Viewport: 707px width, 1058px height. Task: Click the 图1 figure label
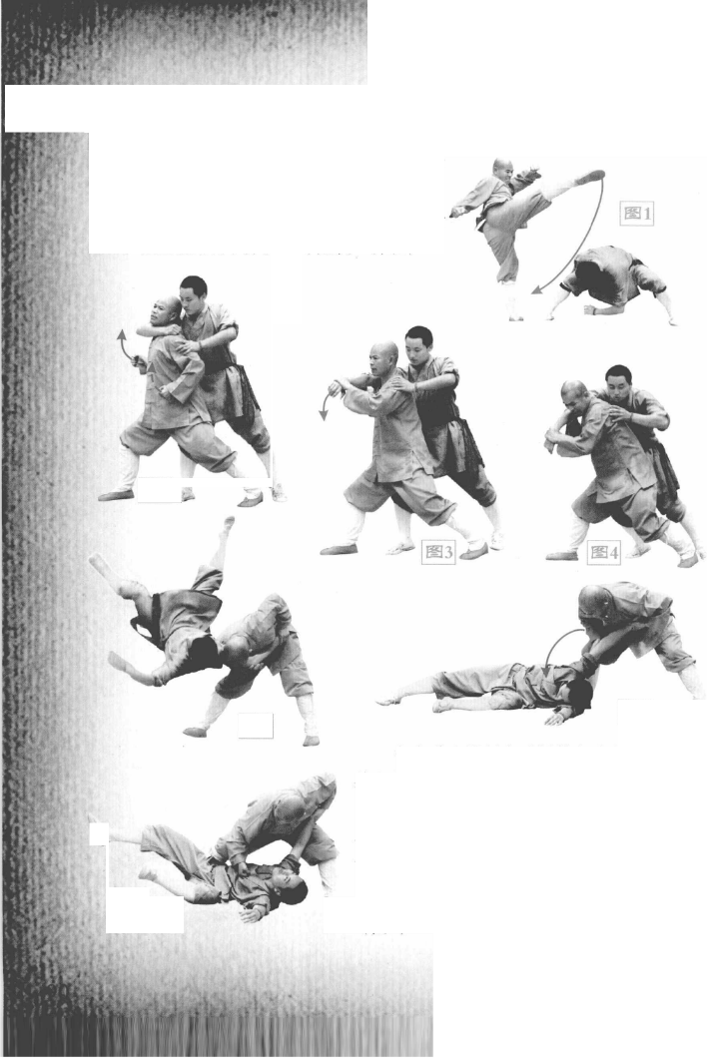click(x=637, y=214)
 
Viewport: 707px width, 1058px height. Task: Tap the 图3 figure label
click(x=438, y=552)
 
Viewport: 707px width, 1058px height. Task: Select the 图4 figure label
click(x=604, y=553)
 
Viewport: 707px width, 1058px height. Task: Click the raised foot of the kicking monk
click(x=591, y=177)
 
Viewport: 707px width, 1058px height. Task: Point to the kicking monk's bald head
click(x=502, y=168)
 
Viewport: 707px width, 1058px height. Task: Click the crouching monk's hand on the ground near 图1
click(x=591, y=310)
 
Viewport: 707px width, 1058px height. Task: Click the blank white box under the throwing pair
click(x=256, y=726)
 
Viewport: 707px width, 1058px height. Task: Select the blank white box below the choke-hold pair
click(x=160, y=490)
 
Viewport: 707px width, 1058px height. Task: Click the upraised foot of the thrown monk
click(x=229, y=526)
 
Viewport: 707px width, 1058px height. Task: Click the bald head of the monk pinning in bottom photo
click(x=290, y=808)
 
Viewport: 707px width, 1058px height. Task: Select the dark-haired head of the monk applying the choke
click(x=194, y=292)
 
